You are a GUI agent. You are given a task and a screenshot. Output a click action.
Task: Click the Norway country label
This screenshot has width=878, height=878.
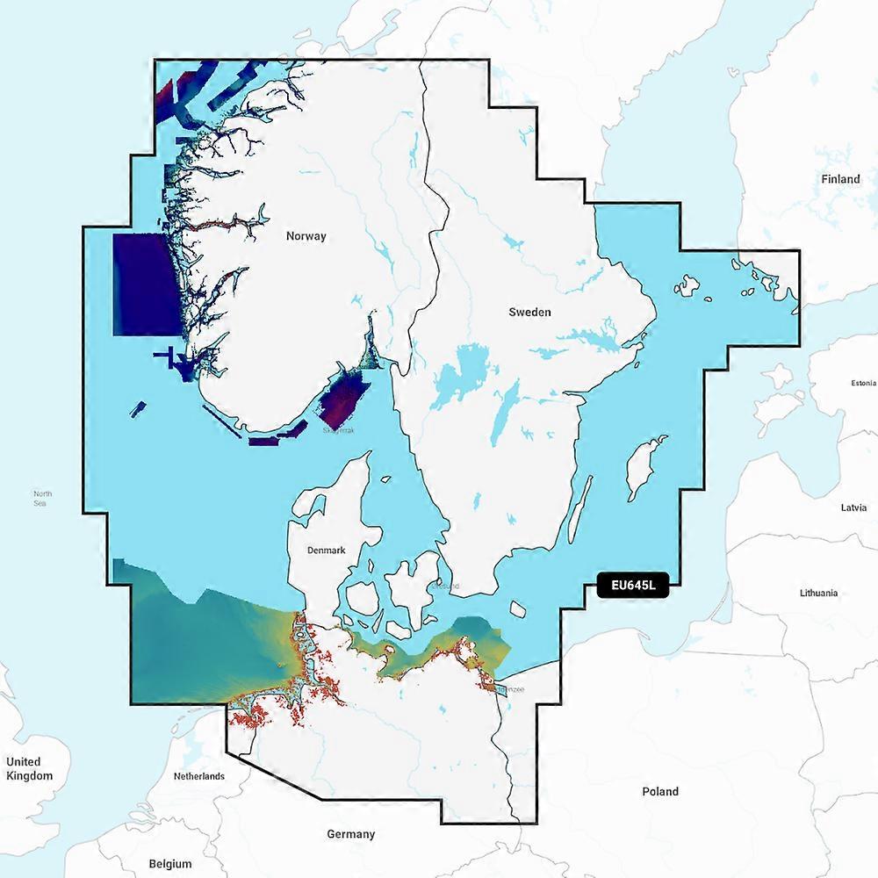pos(306,236)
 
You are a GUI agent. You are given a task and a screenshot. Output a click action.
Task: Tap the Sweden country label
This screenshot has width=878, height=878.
pos(530,312)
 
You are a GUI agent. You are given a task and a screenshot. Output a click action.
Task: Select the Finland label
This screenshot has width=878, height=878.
pos(840,179)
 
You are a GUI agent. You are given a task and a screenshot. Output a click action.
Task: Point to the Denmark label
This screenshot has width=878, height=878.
pos(326,551)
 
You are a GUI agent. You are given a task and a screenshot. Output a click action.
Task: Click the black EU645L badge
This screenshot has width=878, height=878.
pos(632,586)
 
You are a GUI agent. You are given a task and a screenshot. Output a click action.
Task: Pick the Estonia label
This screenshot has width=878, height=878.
pos(862,384)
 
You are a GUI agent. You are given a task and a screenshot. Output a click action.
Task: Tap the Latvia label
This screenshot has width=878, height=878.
pos(853,507)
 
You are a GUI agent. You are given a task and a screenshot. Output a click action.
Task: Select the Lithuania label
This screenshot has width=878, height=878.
pos(818,593)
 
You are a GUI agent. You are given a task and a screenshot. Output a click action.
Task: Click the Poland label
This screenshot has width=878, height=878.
pos(660,792)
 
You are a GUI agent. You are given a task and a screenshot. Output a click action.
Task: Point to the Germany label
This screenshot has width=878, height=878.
pos(350,834)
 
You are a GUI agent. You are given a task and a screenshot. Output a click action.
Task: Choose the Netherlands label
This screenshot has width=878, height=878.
pos(199,776)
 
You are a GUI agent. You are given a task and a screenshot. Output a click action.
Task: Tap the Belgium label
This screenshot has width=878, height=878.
pos(169,864)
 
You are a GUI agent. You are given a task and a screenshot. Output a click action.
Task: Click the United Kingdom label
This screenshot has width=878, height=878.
pos(29,768)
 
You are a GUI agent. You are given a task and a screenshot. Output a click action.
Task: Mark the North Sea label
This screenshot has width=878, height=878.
pos(42,498)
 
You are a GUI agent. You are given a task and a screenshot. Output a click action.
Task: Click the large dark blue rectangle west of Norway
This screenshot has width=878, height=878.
pos(147,283)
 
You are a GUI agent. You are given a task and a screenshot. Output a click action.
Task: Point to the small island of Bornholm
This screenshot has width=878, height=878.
pos(518,608)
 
